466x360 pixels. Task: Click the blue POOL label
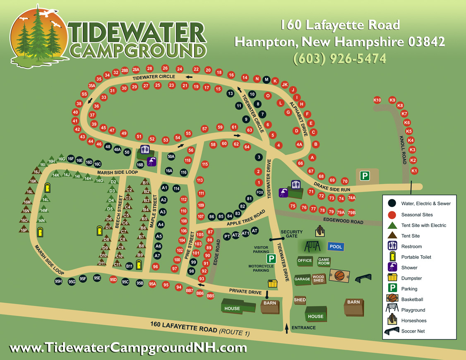336,247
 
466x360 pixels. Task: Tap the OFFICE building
305,261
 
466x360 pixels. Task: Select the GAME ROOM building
324,262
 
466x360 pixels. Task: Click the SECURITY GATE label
291,234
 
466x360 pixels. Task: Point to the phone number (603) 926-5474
339,58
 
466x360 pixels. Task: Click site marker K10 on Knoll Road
377,100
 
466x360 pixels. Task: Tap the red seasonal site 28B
125,71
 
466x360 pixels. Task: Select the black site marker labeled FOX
260,192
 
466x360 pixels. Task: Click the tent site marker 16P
24,230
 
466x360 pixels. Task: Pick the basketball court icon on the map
339,275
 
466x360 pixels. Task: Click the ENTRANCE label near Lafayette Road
303,328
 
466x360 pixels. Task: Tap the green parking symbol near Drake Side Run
364,176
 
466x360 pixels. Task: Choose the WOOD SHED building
318,279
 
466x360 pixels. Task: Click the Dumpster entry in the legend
411,278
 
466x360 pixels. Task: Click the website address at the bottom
128,348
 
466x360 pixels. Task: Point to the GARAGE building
302,279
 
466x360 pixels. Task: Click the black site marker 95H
58,281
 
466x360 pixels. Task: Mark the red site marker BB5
210,296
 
